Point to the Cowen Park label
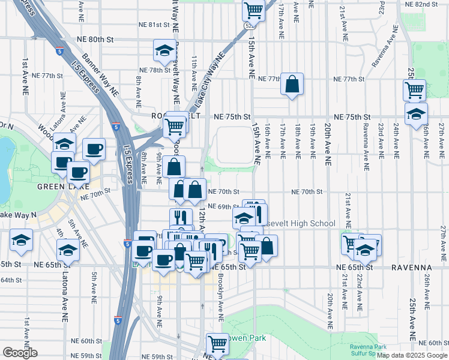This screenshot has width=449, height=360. click(248, 338)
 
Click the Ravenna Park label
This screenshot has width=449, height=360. click(369, 347)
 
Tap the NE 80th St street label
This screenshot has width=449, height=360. click(95, 39)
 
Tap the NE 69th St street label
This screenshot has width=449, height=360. click(223, 207)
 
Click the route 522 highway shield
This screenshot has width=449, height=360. click(249, 26)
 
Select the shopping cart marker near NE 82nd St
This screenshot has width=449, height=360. click(254, 10)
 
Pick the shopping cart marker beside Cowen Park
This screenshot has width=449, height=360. click(217, 344)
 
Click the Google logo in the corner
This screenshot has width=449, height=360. click(20, 353)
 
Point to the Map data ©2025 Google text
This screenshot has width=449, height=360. click(412, 355)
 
